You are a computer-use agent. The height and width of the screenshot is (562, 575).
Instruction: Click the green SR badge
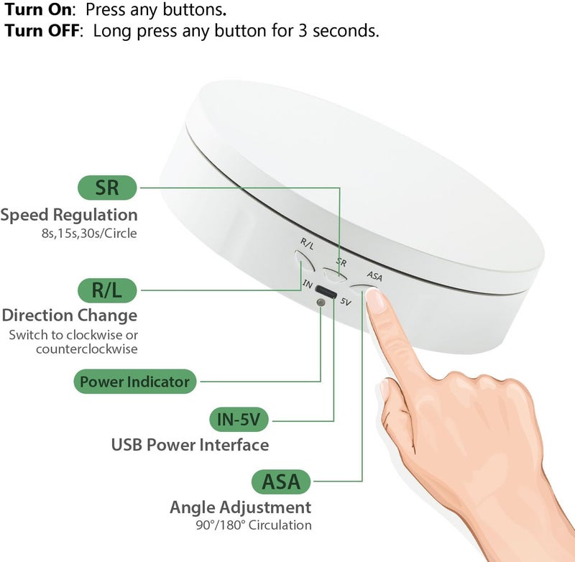[107, 188]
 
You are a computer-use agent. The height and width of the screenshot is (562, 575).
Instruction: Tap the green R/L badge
[107, 290]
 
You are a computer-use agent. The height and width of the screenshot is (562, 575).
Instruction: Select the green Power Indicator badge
[134, 381]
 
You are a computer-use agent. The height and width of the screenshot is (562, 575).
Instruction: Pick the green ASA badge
[280, 481]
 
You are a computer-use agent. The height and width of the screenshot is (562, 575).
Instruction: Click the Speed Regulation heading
[69, 214]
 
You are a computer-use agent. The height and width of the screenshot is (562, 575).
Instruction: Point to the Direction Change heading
[69, 315]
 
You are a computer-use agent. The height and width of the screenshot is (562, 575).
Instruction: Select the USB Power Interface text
[190, 445]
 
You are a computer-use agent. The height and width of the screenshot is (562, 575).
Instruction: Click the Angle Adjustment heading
[240, 507]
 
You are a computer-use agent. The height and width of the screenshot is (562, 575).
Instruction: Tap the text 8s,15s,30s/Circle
[88, 234]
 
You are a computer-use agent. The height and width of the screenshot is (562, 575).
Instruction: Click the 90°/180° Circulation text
[253, 525]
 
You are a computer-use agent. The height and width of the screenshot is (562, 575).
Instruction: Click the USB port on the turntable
[326, 293]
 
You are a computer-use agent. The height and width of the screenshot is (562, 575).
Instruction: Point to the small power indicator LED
[321, 303]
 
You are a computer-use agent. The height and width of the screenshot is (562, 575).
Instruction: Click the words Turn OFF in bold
[43, 31]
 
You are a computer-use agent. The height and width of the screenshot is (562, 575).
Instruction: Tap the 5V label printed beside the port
[346, 302]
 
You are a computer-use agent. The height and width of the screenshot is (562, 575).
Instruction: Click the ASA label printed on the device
[374, 275]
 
